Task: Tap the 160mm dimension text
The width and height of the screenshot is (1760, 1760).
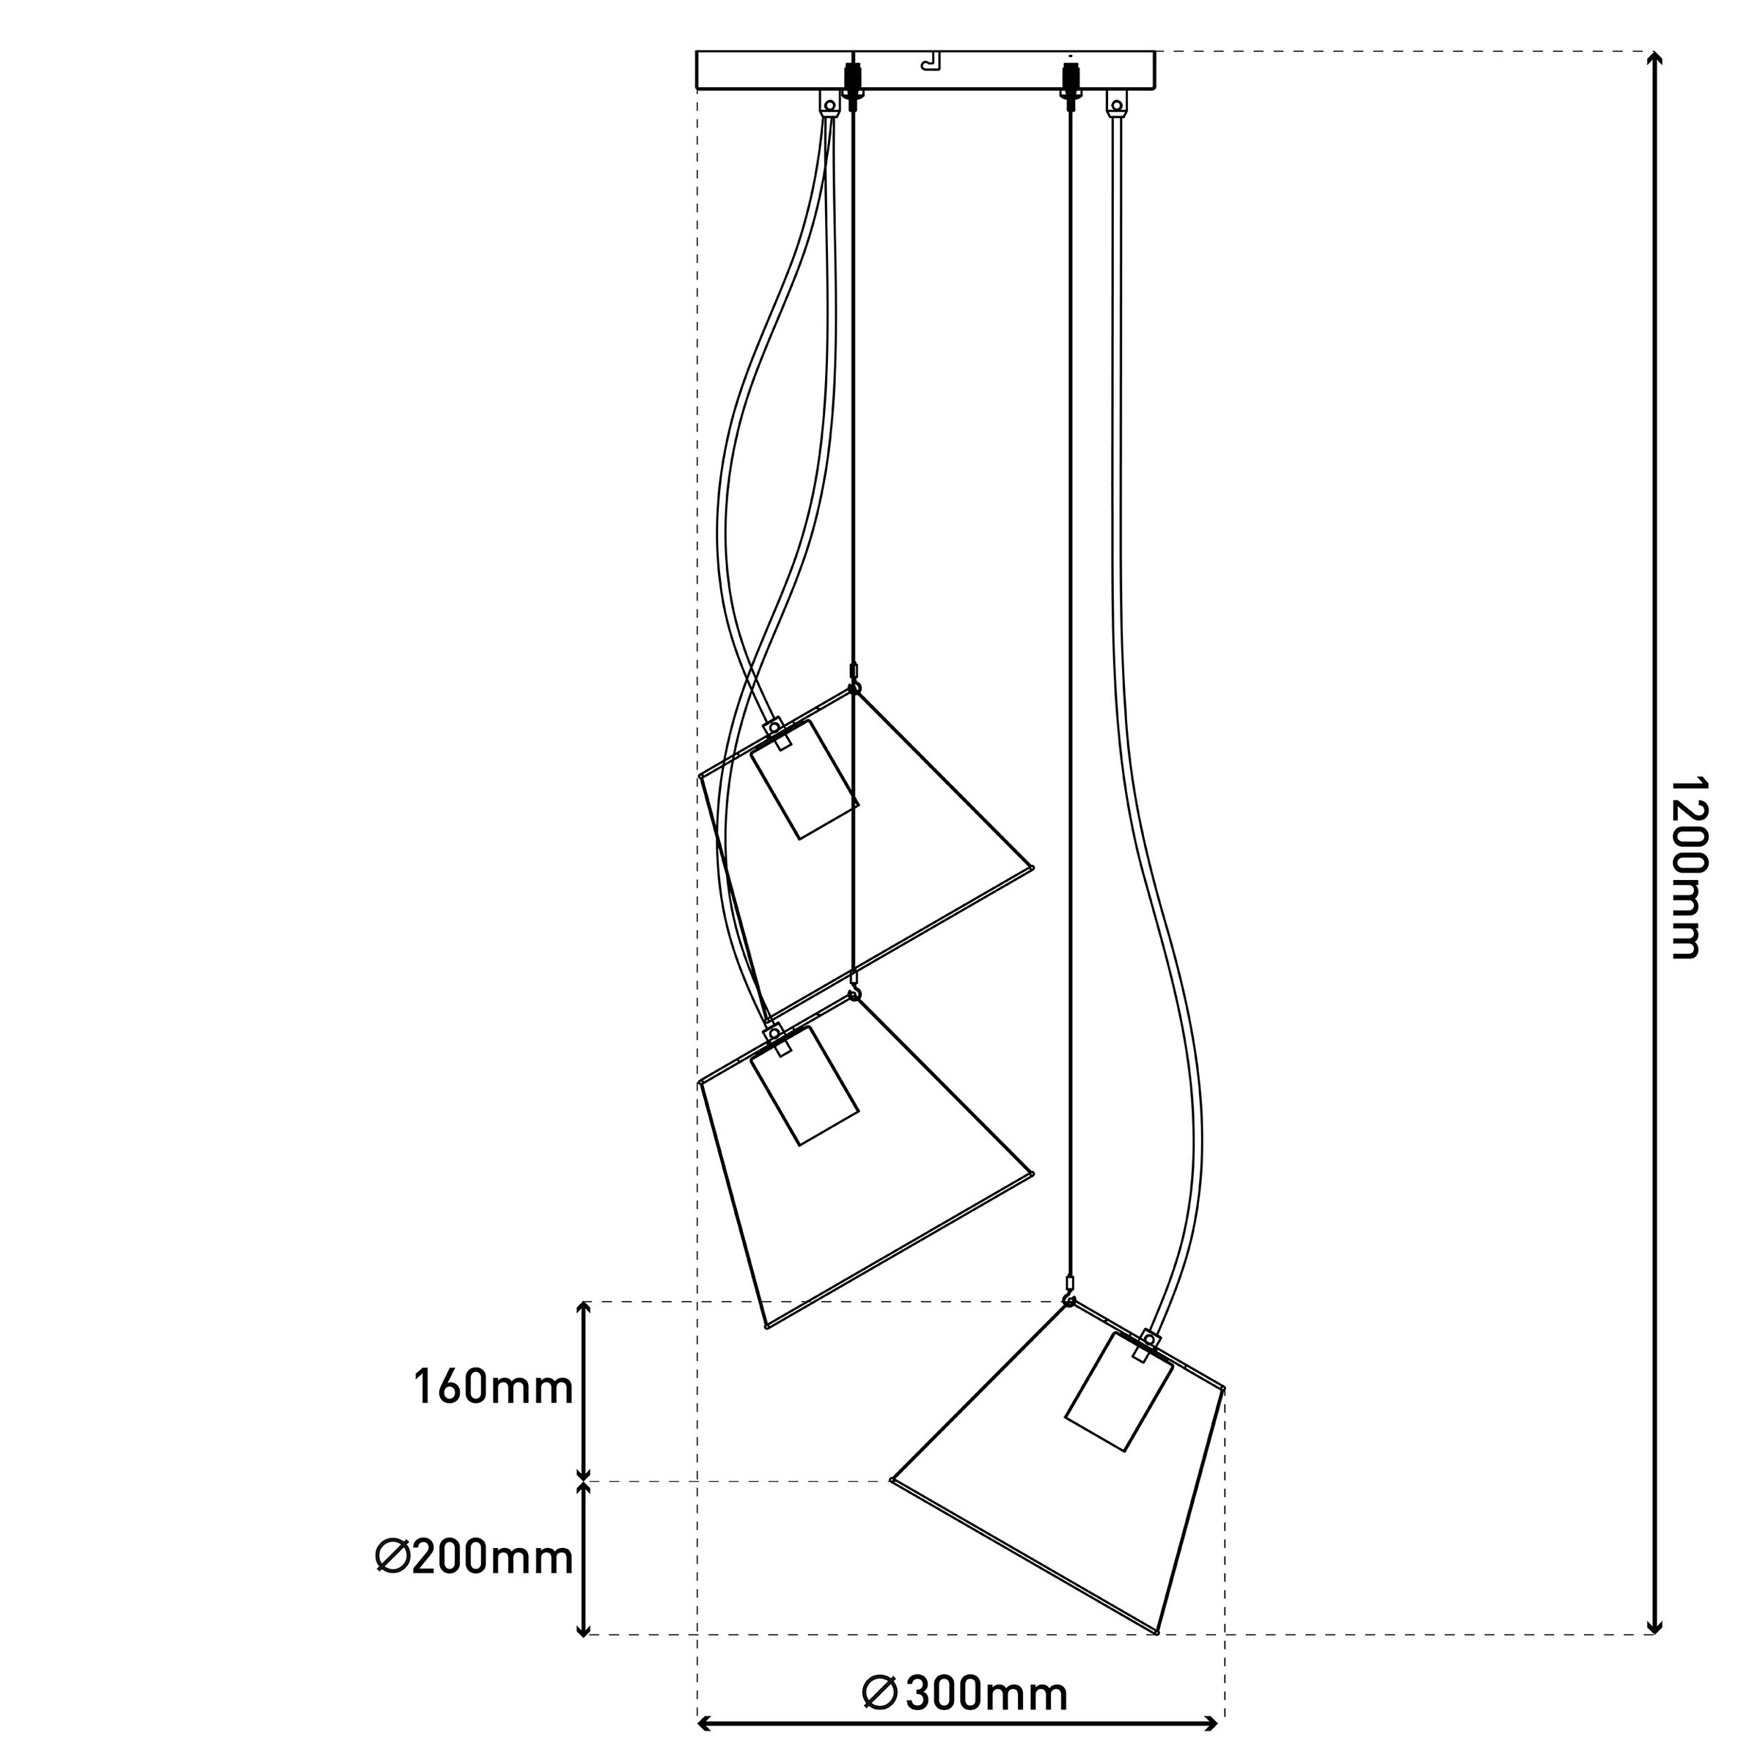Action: click(x=493, y=1388)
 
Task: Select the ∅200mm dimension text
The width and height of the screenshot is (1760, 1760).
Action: click(x=474, y=1558)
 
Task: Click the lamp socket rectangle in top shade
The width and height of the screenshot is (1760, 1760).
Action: click(x=804, y=780)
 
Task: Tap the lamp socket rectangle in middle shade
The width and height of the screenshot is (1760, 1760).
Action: click(x=804, y=1086)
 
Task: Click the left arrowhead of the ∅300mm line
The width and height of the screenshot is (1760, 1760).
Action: click(x=704, y=1723)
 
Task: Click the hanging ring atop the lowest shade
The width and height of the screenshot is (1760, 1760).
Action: click(x=1071, y=1302)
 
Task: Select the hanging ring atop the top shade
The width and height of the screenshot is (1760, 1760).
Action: click(x=854, y=689)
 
